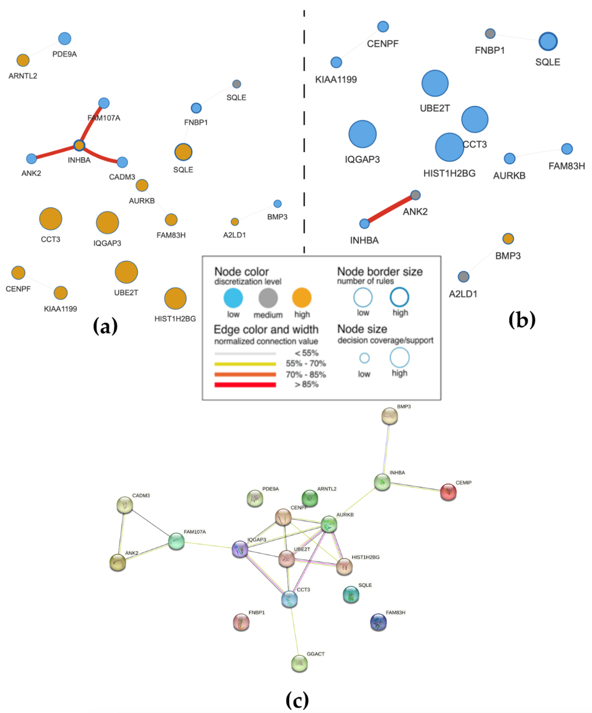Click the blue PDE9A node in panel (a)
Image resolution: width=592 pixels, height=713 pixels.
coord(65,38)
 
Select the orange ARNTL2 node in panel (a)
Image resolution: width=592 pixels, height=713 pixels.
coord(23,60)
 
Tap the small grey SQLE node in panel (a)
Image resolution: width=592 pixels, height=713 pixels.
coord(236,84)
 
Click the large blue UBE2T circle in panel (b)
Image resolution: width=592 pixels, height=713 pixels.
coord(435,83)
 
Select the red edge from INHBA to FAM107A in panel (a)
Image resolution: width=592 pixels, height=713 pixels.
coord(92,124)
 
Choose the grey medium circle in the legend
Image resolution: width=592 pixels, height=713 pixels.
coord(268,298)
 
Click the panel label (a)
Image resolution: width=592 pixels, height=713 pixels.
coord(105,326)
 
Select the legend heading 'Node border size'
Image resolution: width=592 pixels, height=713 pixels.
coord(380,272)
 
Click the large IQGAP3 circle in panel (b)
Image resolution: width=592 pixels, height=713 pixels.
coord(362,134)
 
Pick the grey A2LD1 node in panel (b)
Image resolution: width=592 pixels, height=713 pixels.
coord(463,277)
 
